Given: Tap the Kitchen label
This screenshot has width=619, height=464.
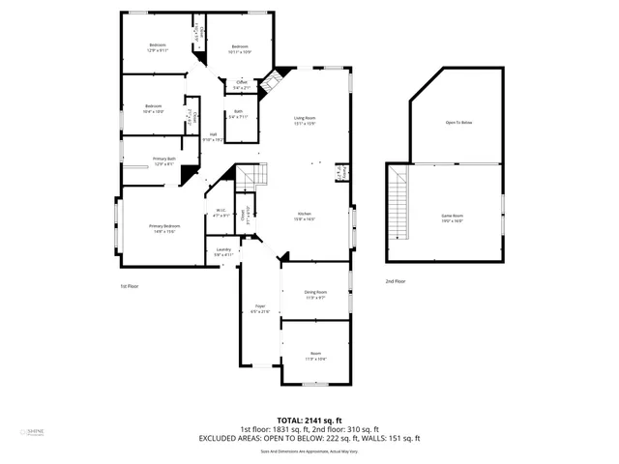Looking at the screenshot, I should pos(304,216).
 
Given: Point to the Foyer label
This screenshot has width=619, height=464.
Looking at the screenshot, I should pos(260,308).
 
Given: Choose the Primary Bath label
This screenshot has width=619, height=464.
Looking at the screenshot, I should pos(163,160).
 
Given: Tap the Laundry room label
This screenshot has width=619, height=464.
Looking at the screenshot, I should pos(223,251).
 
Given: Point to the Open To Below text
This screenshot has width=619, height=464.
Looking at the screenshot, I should pos(458,123).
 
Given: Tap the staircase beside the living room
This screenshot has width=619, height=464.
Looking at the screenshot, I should pos(252,177).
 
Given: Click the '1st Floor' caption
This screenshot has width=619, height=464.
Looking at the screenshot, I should pos(130,286).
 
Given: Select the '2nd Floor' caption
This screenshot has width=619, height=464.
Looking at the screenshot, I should pos(396,281).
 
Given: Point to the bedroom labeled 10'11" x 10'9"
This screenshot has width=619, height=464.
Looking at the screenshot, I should pos(240,49).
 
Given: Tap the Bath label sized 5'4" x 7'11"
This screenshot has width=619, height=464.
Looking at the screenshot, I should pos(238,114).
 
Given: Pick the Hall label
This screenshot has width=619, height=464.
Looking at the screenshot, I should pos(213,137).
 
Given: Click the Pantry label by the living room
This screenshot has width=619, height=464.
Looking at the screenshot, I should pos(340,173).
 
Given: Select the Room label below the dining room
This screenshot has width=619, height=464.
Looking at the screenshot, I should pos(315,355).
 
